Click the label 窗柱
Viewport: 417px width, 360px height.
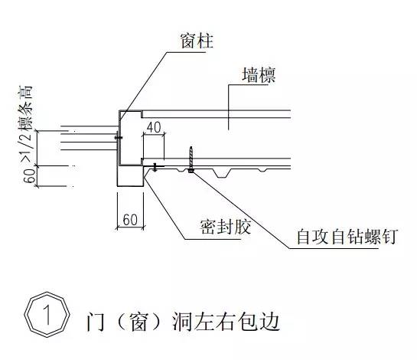[197, 41]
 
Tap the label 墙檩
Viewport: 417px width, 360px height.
[259, 75]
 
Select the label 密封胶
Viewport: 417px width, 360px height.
[226, 227]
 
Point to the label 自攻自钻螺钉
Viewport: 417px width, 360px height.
[347, 237]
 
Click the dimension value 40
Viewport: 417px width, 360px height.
[154, 127]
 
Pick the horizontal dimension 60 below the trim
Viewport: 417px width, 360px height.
[130, 220]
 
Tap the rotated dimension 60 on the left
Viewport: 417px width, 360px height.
[29, 175]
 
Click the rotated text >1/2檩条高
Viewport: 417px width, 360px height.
[25, 124]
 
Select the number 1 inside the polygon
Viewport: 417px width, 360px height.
[47, 315]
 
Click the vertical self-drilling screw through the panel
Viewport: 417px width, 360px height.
[191, 159]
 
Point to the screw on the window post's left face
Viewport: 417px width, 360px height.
[119, 137]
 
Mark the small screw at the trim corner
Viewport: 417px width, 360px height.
[155, 167]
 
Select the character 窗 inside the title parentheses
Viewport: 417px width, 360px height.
[138, 322]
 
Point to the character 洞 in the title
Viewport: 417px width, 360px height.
[181, 322]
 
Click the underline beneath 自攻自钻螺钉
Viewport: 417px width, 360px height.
[334, 248]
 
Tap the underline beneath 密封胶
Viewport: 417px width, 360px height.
[213, 239]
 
